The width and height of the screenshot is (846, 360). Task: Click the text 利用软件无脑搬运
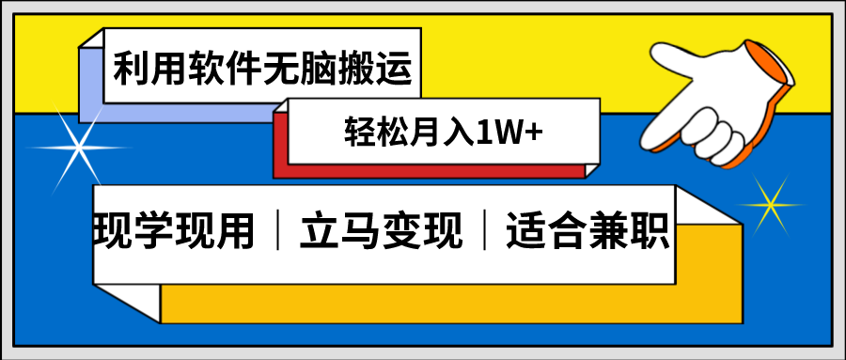click(262, 69)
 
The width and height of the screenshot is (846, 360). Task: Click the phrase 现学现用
click(175, 229)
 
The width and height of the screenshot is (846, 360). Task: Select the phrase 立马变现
click(382, 229)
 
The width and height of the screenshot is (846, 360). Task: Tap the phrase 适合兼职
click(588, 229)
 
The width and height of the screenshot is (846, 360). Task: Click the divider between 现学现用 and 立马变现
click(278, 230)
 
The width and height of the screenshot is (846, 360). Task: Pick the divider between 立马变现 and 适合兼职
click(485, 230)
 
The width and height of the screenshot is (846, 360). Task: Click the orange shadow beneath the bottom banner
click(423, 301)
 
